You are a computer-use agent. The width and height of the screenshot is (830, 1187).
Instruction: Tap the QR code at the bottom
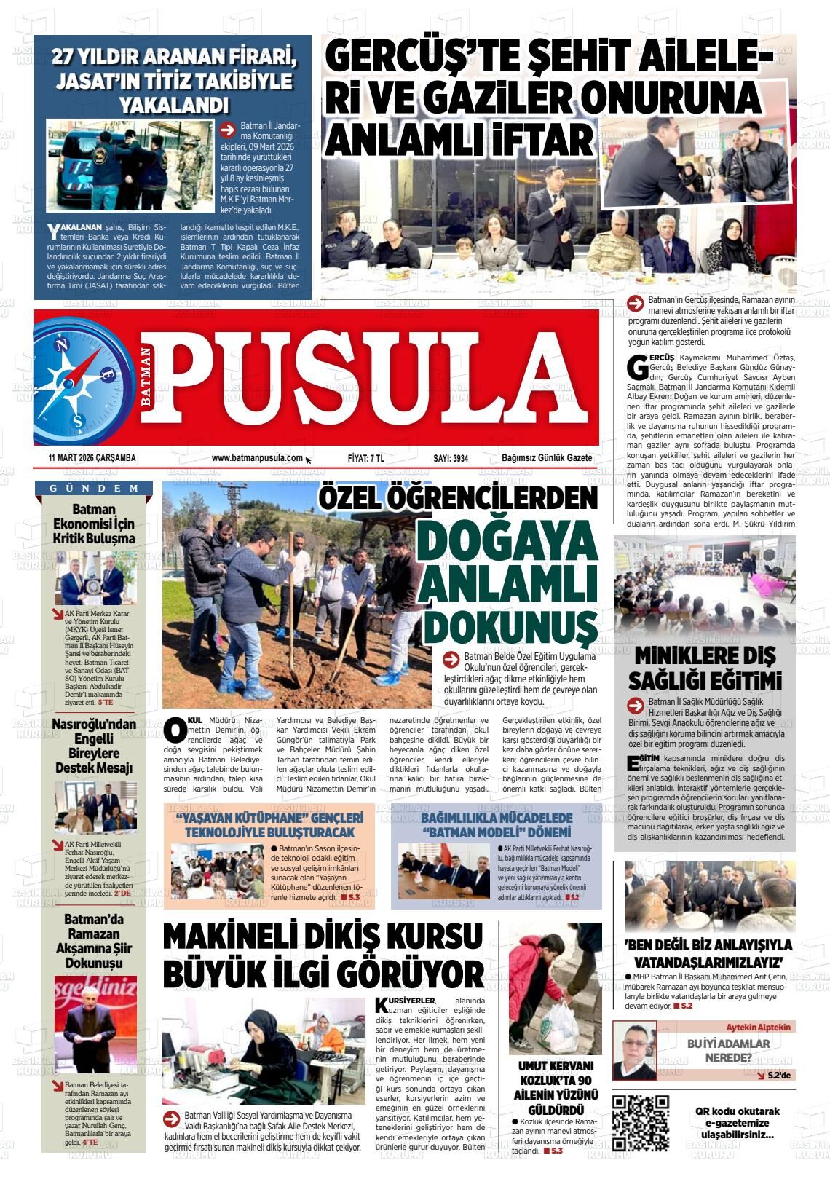640,1122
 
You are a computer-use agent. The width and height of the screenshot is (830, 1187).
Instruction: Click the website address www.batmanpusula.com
257,458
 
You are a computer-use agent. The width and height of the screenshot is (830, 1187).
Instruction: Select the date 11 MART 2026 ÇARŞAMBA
92,458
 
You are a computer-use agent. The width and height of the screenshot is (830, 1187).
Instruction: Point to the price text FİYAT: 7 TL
366,458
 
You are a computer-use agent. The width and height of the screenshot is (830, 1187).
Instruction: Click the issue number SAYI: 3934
451,458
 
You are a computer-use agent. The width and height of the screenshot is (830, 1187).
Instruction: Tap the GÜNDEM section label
95,488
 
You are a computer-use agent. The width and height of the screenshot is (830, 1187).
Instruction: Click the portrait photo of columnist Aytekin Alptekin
634,1050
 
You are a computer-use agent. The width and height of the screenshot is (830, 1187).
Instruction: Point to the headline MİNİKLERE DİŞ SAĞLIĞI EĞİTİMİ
705,668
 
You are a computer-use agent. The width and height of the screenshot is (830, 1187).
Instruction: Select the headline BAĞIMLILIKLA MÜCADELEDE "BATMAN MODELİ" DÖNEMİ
497,824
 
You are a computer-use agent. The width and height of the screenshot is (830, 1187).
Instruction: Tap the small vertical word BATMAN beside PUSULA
146,376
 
